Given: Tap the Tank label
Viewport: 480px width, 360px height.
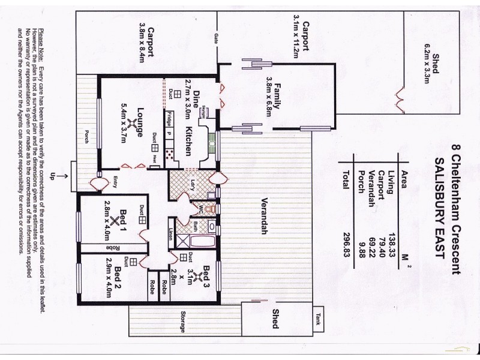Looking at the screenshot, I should (x=318, y=317).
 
